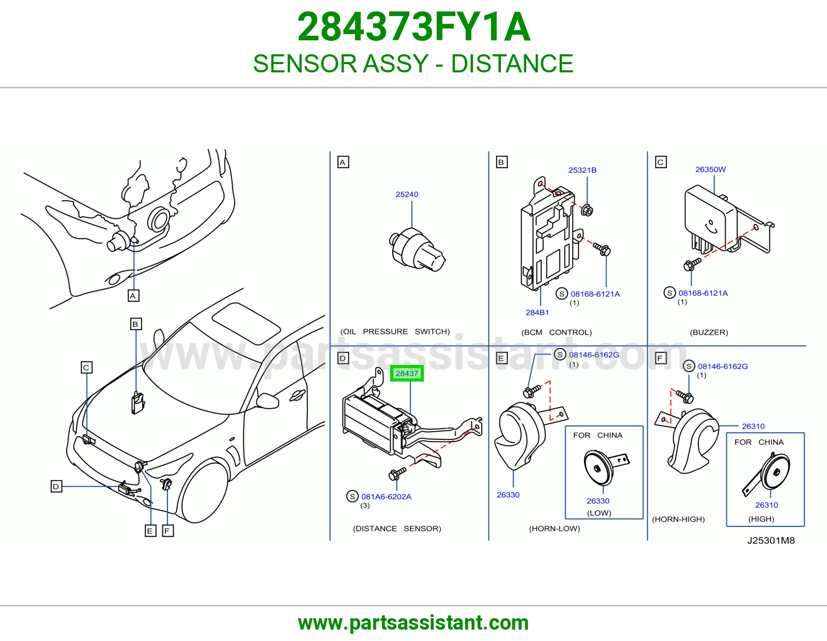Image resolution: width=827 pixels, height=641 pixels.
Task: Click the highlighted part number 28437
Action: (x=406, y=373)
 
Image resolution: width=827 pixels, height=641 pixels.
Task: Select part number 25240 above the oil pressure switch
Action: (x=406, y=194)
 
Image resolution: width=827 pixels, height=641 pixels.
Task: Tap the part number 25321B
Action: (x=582, y=170)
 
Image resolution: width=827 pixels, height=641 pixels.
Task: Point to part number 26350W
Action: (x=710, y=170)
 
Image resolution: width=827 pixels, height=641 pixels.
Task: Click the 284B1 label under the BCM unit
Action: (x=537, y=312)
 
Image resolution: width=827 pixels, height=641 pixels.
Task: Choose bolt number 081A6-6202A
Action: (x=386, y=496)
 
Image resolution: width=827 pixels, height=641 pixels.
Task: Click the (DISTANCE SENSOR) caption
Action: (x=397, y=528)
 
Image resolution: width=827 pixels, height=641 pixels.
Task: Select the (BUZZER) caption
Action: (x=709, y=332)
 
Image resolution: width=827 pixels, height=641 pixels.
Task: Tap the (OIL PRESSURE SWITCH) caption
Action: (x=395, y=331)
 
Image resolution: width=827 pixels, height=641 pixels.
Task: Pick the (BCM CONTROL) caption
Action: (x=556, y=332)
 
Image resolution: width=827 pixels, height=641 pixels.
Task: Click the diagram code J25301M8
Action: (x=771, y=541)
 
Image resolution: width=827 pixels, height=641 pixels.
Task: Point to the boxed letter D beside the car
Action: (x=56, y=486)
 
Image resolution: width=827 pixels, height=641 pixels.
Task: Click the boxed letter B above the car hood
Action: (x=136, y=324)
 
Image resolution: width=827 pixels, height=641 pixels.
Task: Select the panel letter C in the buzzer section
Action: (x=661, y=162)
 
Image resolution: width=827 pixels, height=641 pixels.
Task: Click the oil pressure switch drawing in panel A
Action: (x=418, y=249)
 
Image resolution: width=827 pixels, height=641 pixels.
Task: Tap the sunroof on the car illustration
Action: (x=246, y=323)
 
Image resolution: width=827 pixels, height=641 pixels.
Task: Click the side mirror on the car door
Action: (x=268, y=401)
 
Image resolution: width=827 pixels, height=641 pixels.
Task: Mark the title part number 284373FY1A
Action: (x=413, y=27)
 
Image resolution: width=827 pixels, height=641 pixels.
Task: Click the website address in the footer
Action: (x=413, y=623)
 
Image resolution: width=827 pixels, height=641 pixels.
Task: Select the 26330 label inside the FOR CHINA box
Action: (x=598, y=501)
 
